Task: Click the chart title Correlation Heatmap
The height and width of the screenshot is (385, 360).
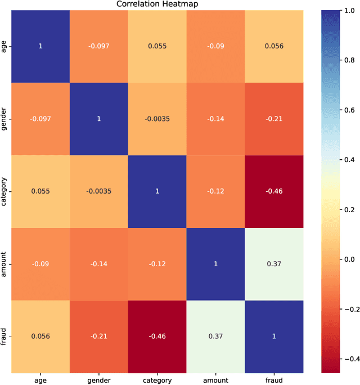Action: click(157, 5)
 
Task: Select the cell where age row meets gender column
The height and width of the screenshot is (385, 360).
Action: click(98, 46)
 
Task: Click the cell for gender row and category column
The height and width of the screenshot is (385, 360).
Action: click(157, 118)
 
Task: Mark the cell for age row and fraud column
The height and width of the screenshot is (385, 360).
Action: click(274, 46)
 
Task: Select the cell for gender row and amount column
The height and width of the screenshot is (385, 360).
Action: click(216, 118)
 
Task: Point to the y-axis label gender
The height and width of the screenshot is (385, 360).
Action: click(4, 118)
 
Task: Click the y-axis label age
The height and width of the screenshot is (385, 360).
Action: click(4, 46)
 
